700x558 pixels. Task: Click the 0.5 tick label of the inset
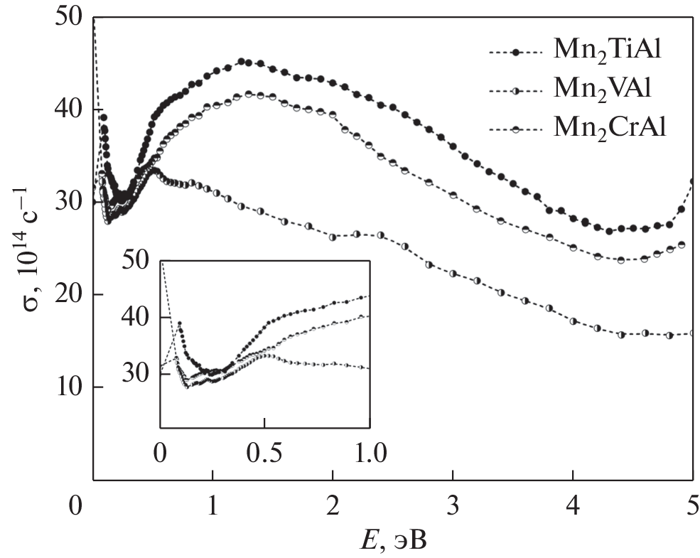(x=264, y=452)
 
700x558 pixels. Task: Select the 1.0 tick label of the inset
(x=370, y=452)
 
